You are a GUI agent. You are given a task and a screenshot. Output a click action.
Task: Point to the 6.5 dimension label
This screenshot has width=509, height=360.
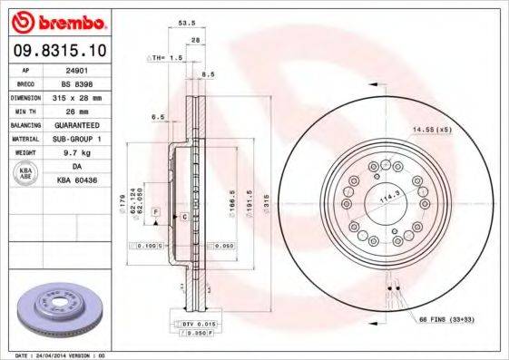[x=158, y=117]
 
